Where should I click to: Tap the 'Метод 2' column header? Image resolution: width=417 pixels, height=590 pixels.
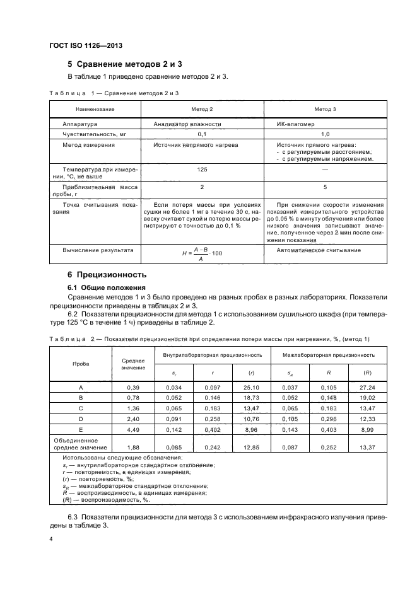[201, 109]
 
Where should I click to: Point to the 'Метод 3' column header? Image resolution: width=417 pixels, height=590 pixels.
[325, 109]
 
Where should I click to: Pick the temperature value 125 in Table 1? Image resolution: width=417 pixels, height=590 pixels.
[202, 170]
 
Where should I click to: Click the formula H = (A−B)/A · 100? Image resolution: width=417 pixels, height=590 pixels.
[202, 253]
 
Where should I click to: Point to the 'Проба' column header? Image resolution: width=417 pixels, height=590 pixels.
[81, 364]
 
